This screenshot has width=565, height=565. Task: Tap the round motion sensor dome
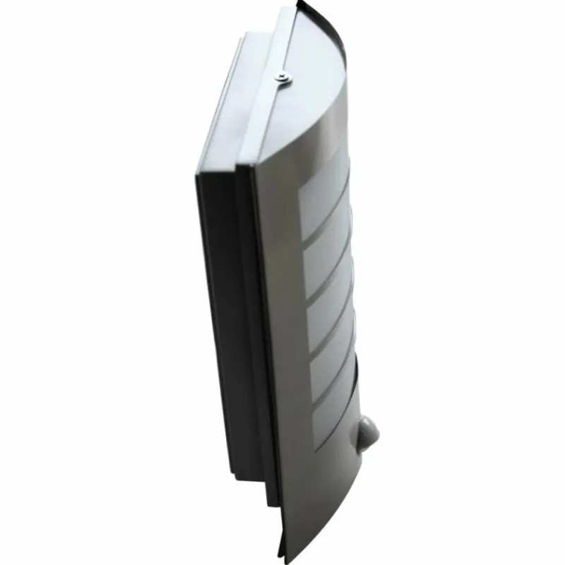tap(367, 429)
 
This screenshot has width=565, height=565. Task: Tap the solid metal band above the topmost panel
tap(311, 141)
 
